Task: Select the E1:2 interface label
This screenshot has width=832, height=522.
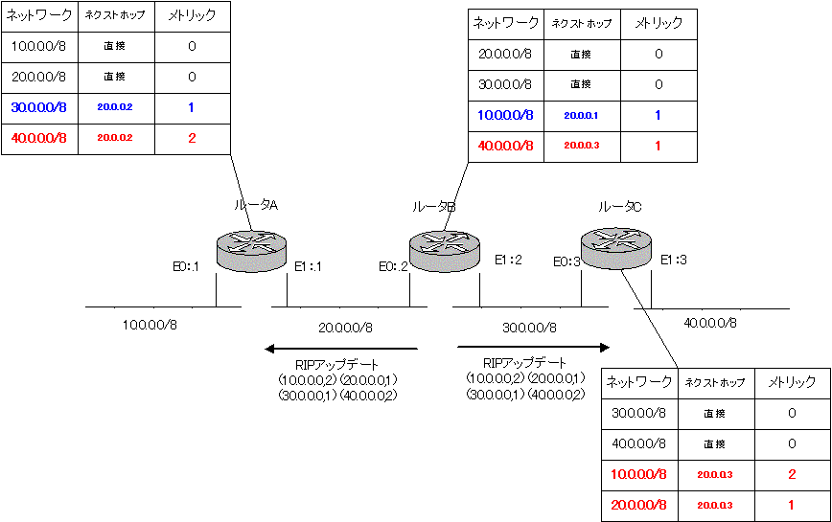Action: coord(508,259)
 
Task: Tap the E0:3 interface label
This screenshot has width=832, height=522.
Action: coord(566,261)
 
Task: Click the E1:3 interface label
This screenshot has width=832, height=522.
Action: coord(674,259)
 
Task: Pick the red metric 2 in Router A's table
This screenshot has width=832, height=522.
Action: coord(191,138)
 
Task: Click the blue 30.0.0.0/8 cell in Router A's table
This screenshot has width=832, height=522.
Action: coord(38,108)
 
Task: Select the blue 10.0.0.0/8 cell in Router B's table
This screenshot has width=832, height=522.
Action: coord(505,115)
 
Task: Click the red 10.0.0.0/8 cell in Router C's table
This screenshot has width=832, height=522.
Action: coord(639,474)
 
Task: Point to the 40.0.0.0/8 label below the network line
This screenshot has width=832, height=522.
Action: coord(709,323)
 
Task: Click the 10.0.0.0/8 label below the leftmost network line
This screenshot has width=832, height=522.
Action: coord(150,325)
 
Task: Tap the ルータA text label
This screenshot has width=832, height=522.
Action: coord(257,206)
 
